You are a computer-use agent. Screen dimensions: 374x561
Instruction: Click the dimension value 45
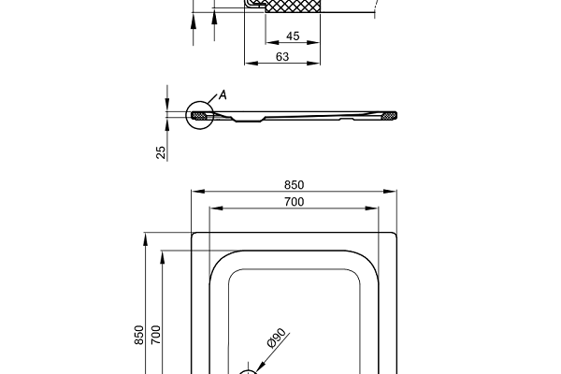coord(293,36)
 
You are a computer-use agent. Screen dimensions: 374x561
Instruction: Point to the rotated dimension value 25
coord(162,151)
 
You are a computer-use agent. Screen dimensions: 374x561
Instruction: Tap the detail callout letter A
coord(223,94)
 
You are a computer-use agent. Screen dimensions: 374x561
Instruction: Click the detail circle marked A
coord(199,116)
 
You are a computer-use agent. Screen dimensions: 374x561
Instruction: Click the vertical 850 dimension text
coord(139,335)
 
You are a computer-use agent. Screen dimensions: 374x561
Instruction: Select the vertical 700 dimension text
coord(157,335)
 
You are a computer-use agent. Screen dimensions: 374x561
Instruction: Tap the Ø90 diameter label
coord(276,340)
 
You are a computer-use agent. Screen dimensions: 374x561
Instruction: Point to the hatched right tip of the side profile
coord(388,116)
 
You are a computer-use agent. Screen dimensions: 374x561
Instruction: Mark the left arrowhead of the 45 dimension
coord(269,44)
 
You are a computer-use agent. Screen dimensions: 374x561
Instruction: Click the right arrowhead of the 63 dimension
coord(318,64)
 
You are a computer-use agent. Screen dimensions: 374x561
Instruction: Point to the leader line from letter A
coord(214,100)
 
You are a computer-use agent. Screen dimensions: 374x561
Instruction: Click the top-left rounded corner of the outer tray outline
coord(194,236)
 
